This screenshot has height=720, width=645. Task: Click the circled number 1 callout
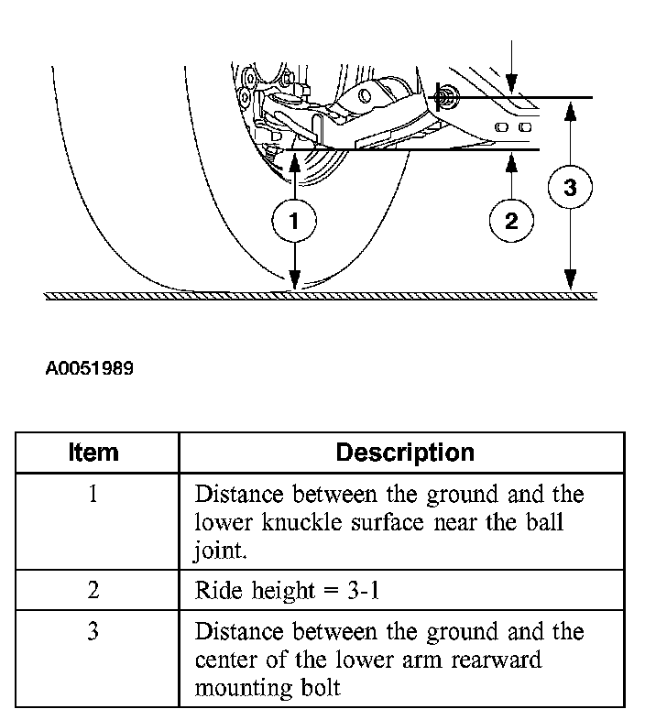294,221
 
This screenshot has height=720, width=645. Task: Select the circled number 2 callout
511,220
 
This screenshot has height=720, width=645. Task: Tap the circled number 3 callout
570,188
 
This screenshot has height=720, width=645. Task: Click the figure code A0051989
90,369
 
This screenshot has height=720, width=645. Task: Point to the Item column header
93,453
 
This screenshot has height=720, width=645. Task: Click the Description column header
405,453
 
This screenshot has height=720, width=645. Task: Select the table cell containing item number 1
93,495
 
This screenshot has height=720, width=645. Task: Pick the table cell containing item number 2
93,590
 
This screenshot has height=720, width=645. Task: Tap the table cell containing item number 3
93,632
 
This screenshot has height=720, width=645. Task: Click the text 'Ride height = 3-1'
288,590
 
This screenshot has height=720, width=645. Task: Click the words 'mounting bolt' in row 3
267,687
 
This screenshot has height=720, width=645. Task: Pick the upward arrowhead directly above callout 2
511,159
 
